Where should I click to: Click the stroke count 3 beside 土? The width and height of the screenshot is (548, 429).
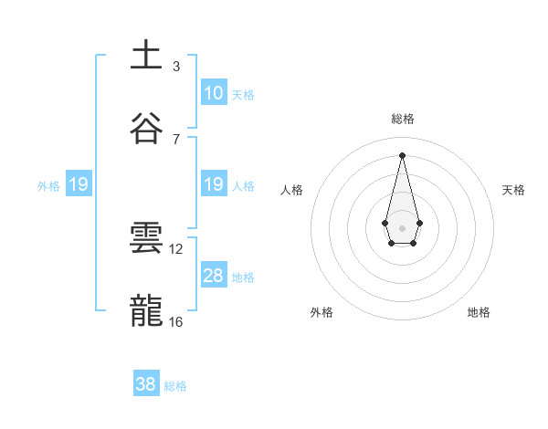[176, 66]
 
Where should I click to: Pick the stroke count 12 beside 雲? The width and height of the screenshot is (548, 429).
[176, 248]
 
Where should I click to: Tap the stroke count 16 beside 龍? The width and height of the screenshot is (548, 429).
[176, 321]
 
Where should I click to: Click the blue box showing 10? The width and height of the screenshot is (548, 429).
[214, 93]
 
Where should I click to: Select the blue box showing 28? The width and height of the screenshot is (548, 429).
[214, 276]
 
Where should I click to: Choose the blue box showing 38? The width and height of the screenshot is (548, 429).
[146, 384]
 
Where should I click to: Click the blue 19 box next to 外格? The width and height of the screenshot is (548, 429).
[79, 185]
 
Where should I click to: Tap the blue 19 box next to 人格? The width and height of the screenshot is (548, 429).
[214, 185]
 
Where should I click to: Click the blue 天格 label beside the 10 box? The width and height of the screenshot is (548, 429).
[243, 94]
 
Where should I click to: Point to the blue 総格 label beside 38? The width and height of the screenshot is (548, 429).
[175, 385]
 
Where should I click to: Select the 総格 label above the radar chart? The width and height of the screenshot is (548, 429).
[403, 119]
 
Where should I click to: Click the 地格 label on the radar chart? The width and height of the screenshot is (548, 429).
[479, 312]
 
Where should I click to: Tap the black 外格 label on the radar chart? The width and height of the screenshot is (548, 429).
[321, 312]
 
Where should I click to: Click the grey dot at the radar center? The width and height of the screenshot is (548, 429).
[402, 227]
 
